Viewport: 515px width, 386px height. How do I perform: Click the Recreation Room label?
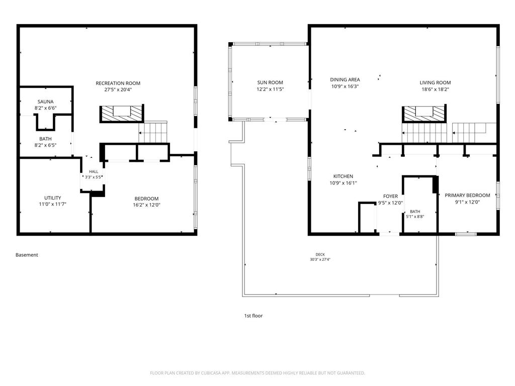pyautogui.click(x=118, y=83)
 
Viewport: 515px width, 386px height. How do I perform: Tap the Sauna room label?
pyautogui.click(x=45, y=102)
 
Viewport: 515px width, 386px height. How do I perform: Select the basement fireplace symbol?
pyautogui.click(x=122, y=114)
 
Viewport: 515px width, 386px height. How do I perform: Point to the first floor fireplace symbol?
pyautogui.click(x=424, y=114)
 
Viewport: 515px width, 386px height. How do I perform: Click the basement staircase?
pyautogui.click(x=153, y=133)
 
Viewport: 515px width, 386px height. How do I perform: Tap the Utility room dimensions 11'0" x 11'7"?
pyautogui.click(x=52, y=204)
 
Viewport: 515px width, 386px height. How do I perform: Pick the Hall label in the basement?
pyautogui.click(x=94, y=171)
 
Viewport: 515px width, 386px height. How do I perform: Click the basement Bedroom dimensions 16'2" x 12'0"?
pyautogui.click(x=146, y=205)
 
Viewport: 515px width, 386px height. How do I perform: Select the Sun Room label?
pyautogui.click(x=270, y=83)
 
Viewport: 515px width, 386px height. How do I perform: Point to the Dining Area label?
pyautogui.click(x=345, y=79)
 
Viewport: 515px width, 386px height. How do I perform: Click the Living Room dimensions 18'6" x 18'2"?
pyautogui.click(x=435, y=89)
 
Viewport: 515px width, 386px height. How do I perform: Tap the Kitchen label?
pyautogui.click(x=343, y=176)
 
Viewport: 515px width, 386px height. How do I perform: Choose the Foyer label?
pyautogui.click(x=390, y=197)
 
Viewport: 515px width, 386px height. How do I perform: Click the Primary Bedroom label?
pyautogui.click(x=467, y=196)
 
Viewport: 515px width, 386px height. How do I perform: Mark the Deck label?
pyautogui.click(x=320, y=254)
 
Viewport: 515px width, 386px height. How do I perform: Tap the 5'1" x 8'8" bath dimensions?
pyautogui.click(x=415, y=217)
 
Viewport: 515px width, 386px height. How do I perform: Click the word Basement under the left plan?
pyautogui.click(x=27, y=255)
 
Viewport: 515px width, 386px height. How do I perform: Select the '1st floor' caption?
pyautogui.click(x=253, y=316)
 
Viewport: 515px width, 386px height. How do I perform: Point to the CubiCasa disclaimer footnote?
pyautogui.click(x=257, y=373)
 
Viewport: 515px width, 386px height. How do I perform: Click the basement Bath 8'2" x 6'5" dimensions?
pyautogui.click(x=45, y=145)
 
